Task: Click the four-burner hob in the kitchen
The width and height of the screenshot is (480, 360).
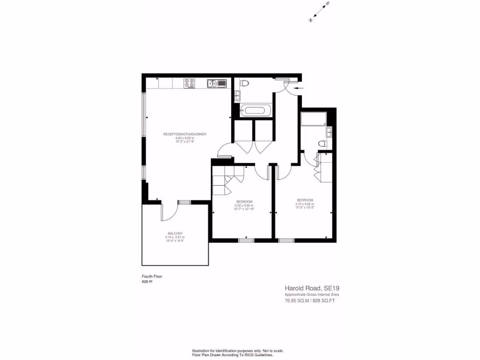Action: (189, 83)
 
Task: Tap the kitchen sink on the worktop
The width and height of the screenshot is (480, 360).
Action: (217, 83)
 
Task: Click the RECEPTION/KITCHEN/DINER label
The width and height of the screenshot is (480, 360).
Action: (184, 134)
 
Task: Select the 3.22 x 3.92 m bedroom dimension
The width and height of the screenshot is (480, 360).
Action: (244, 205)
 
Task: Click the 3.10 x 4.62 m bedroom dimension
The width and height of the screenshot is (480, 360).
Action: (305, 204)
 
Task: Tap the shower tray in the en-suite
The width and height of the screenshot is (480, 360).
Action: (314, 119)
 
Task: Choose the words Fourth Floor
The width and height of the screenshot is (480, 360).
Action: (152, 277)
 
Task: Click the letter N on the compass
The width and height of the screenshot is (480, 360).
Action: (310, 20)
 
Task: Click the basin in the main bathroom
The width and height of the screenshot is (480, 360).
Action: (237, 96)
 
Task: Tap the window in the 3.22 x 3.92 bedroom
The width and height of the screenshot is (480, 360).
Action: (246, 240)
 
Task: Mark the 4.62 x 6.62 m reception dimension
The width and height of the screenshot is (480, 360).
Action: (184, 138)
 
